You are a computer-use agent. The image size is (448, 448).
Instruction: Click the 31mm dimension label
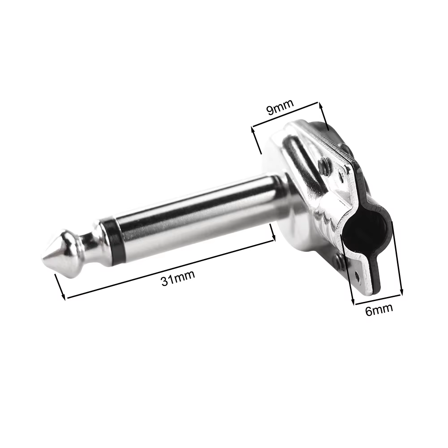pos(178,278)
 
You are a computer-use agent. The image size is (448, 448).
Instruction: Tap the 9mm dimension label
pos(280,107)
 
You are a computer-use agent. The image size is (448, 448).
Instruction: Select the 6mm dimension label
pos(379,310)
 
